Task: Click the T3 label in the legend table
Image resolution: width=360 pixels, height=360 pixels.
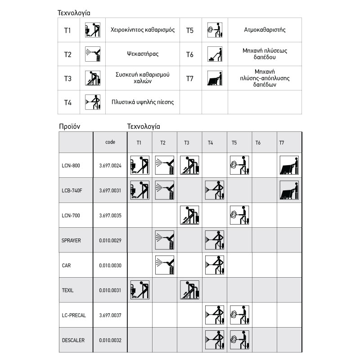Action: click(67, 78)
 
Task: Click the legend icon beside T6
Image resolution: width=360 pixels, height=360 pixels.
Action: click(215, 54)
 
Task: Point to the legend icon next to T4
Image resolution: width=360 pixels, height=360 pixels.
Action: click(92, 102)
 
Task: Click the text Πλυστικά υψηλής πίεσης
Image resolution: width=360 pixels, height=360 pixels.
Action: click(143, 102)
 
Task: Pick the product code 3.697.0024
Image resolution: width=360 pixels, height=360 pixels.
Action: click(110, 166)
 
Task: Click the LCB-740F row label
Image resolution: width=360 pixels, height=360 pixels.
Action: click(72, 190)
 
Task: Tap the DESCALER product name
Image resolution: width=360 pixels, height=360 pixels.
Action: click(73, 340)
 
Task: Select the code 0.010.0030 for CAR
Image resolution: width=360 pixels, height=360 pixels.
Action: click(110, 265)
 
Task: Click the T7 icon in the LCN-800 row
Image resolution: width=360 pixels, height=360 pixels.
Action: click(288, 165)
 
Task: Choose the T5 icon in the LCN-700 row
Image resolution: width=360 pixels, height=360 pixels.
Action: click(238, 215)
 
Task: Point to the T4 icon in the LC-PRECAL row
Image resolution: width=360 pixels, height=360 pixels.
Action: click(214, 315)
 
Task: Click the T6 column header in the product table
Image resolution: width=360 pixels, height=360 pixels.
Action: click(258, 143)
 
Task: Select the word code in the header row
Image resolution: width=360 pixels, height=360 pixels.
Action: click(110, 142)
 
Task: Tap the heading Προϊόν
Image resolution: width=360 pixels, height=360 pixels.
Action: click(69, 126)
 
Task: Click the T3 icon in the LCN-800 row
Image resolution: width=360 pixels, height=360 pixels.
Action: click(189, 165)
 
